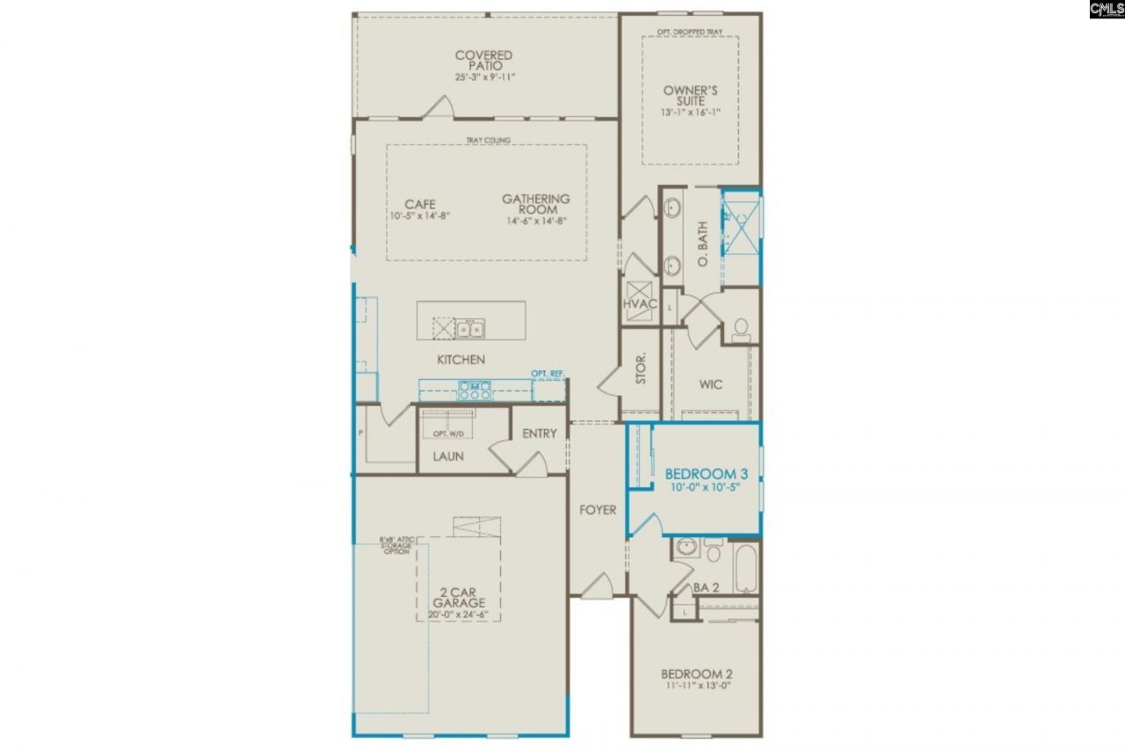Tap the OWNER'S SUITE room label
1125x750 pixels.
coord(691,96)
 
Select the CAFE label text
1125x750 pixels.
coord(420,205)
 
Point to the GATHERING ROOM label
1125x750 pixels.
coord(536,205)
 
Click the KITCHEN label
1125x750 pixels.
coord(461,360)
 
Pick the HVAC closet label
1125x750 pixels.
coord(639,304)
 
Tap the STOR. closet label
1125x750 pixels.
coord(641,368)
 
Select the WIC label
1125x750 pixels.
coord(711,384)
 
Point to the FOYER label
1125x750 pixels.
coord(598,510)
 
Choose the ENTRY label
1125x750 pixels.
coord(540,433)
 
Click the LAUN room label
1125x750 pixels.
coord(448,456)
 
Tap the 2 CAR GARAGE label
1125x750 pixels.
coord(458,599)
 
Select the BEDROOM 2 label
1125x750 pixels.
coord(696,674)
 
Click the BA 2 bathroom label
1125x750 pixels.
coord(707,586)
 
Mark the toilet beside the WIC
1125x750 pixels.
coord(740,329)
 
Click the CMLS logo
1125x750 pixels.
coord(1107,10)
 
